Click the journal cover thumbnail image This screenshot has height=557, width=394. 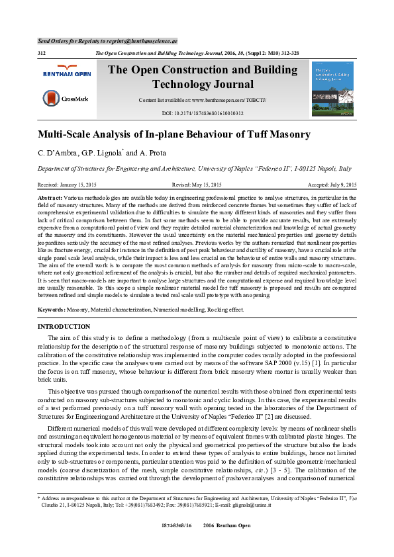point(332,89)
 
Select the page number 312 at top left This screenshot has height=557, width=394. point(42,52)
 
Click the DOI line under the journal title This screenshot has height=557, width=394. point(203,113)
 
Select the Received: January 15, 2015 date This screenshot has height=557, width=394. point(67,185)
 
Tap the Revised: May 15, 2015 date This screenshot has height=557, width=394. point(197,185)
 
